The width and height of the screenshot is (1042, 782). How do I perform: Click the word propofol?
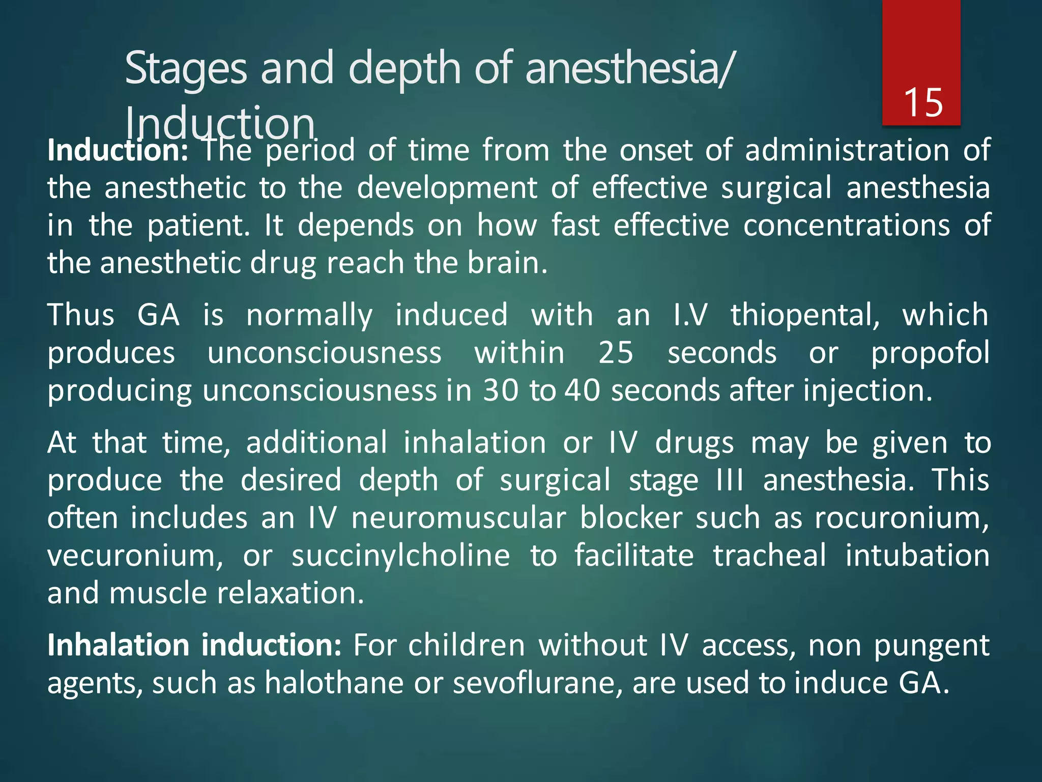click(x=930, y=353)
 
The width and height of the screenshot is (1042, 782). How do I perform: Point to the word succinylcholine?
click(x=400, y=555)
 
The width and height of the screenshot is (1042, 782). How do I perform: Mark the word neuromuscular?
click(x=458, y=518)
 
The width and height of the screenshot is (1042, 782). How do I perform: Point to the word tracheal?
click(x=769, y=555)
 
